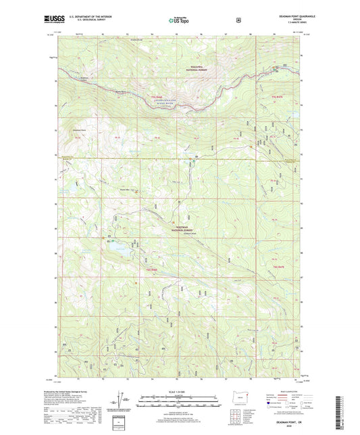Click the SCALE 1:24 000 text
coord(179,391)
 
